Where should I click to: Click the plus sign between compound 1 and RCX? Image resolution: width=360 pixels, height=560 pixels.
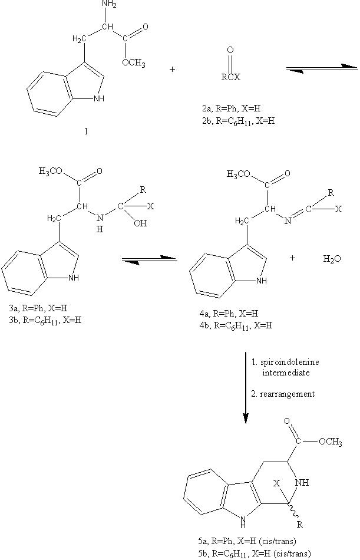click(172, 70)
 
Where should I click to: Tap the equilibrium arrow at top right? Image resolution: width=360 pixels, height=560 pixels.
click(322, 70)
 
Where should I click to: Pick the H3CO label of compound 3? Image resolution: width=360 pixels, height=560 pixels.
click(52, 172)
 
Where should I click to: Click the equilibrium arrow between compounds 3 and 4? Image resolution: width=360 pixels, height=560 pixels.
click(149, 259)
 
